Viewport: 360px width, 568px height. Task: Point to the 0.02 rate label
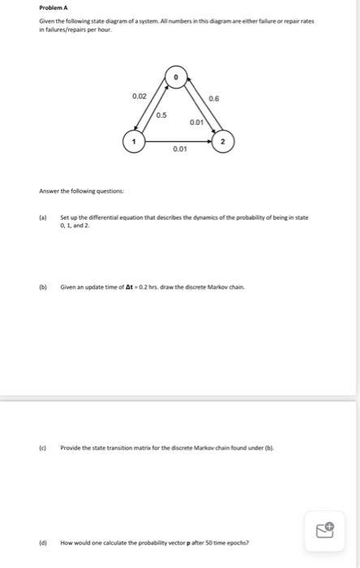pos(139,97)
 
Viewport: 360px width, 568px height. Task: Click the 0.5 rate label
pos(161,115)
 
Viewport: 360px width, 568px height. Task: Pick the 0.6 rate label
pos(213,97)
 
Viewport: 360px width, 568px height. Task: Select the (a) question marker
pos(43,217)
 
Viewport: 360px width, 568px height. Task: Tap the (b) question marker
pos(43,286)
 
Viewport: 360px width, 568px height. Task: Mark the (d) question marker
pos(43,541)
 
